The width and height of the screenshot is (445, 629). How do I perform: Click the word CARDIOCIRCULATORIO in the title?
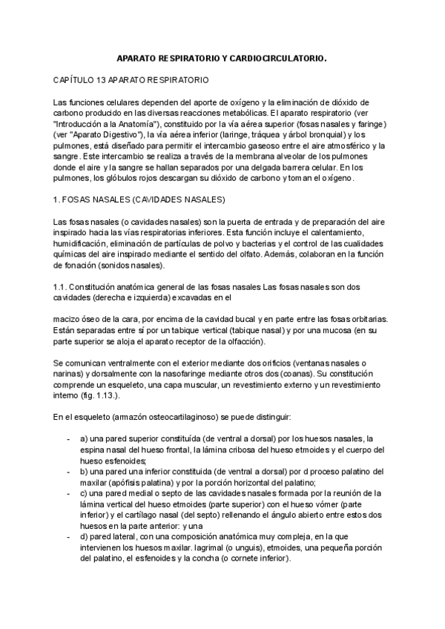(x=278, y=57)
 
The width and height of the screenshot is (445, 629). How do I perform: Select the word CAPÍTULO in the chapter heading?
(x=76, y=79)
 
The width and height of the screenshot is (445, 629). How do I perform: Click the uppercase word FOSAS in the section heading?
(x=82, y=200)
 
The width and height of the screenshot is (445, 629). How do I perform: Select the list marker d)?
(x=85, y=536)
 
